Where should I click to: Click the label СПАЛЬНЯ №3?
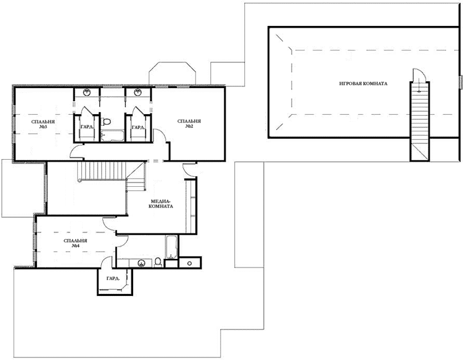point(43,124)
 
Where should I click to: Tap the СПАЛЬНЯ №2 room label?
point(189,123)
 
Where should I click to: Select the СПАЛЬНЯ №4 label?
point(75,243)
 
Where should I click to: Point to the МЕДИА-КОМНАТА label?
point(161,203)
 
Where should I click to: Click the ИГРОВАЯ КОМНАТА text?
point(363,84)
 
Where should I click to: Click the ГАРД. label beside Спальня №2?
point(138,127)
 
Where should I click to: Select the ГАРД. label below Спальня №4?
point(113,278)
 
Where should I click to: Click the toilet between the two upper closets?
point(106,121)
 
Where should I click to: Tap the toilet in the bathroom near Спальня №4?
point(158,262)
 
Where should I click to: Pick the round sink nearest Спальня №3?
point(86,92)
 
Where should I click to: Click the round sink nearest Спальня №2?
point(137,92)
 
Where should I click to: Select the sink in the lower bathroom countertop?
point(141,263)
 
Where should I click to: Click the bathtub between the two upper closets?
point(112,136)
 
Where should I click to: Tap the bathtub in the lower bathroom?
point(171,247)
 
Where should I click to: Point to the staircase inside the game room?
point(420,121)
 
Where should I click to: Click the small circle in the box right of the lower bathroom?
point(189,263)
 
